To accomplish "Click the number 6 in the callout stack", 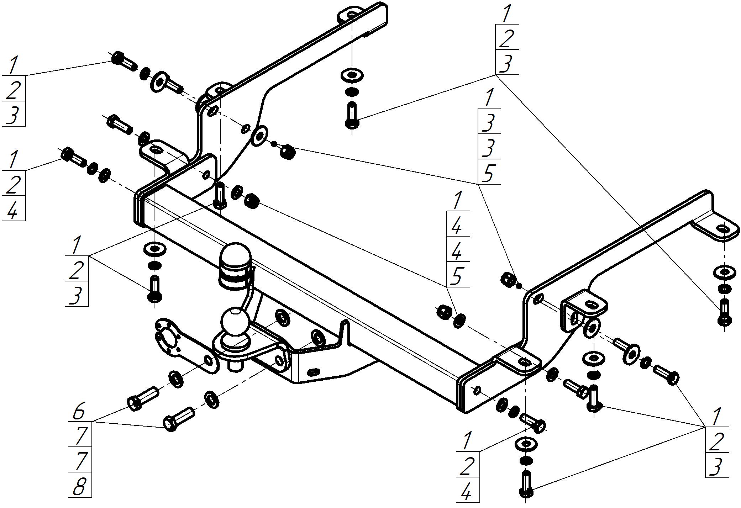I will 79,411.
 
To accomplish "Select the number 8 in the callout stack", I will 79,486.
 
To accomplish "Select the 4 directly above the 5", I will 457,251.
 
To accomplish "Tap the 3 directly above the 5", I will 489,148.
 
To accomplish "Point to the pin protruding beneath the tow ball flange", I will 235,365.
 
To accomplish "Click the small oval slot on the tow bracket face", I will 313,372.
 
